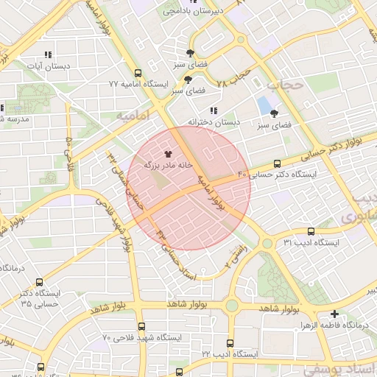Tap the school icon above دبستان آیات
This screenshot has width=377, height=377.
tap(49, 54)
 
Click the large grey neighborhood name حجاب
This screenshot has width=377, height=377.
tap(284, 85)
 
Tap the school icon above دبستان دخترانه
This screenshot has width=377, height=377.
tap(214, 110)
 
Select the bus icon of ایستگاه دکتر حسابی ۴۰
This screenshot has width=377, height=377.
tap(277, 163)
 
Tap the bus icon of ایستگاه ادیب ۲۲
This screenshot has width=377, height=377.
tap(230, 344)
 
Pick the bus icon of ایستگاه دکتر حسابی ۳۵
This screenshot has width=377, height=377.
tap(38, 282)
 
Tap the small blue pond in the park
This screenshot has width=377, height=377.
tap(264, 105)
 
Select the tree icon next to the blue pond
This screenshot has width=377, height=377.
tap(275, 114)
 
